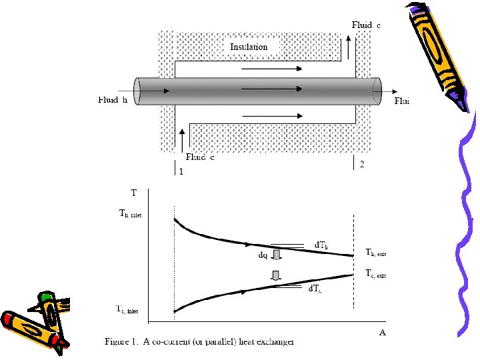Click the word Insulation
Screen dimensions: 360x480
pos(249,47)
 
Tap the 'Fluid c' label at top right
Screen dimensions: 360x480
pos(367,25)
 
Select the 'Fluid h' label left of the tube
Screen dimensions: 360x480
pos(113,101)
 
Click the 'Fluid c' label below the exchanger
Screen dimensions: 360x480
pos(200,158)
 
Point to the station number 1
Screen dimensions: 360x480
pos(181,171)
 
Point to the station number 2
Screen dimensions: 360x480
pos(361,165)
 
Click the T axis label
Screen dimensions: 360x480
pos(134,193)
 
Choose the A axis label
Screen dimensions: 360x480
pos(382,332)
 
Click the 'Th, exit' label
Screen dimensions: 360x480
pos(376,253)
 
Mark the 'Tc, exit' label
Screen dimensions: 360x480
pos(375,274)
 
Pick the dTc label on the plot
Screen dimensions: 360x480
pos(315,288)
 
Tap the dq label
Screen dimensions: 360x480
pos(263,255)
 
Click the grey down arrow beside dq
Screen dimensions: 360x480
pos(277,255)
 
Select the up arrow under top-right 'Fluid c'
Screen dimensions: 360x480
pos(348,47)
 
